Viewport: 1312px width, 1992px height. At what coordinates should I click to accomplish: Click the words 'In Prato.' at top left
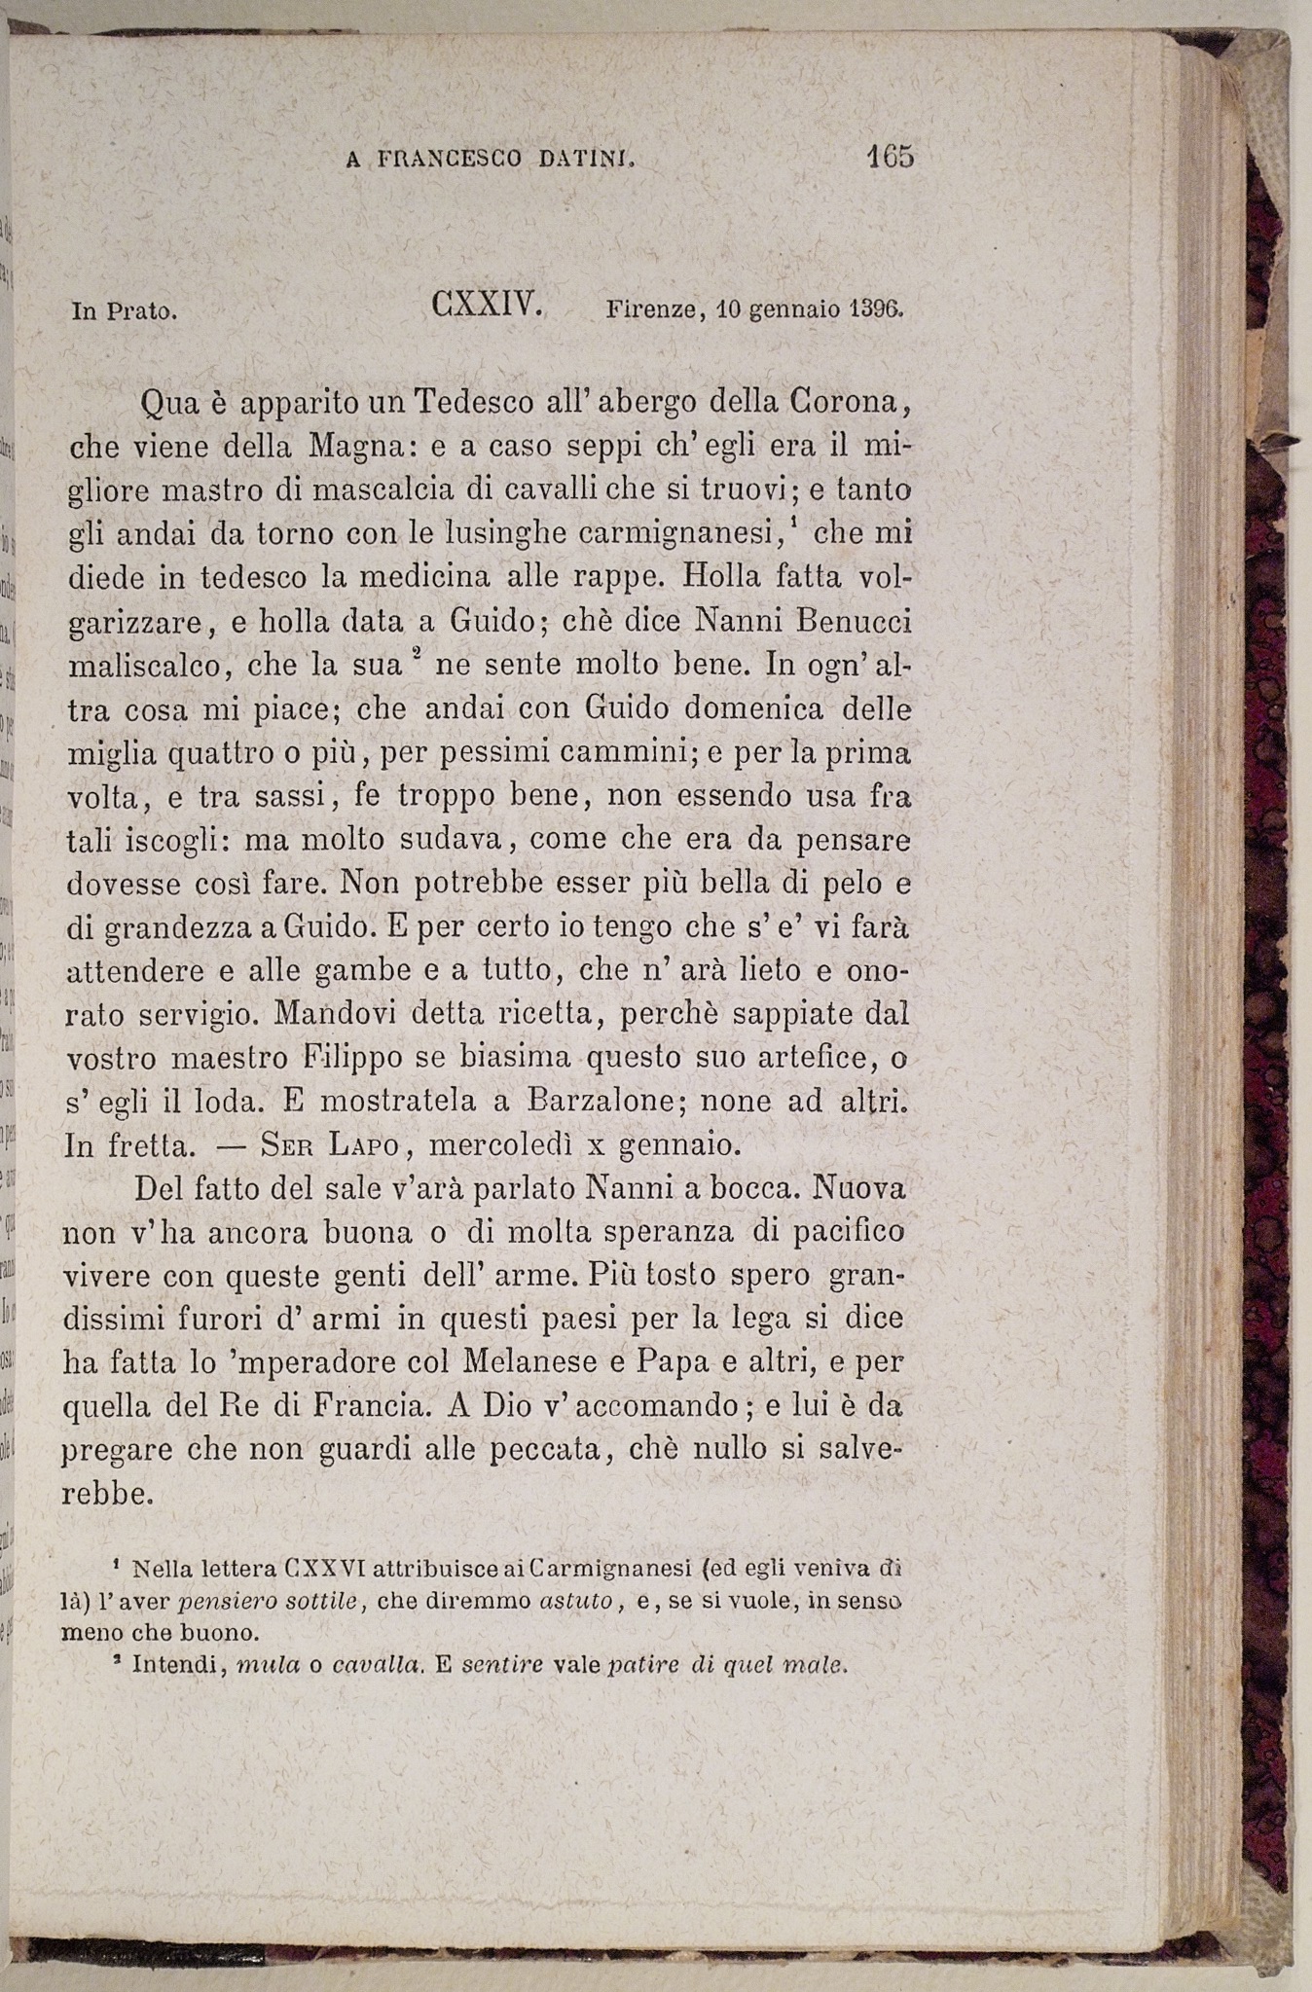click(124, 312)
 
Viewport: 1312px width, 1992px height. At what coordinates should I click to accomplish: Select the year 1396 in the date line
click(877, 310)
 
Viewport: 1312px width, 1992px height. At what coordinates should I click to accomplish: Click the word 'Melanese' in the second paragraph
click(537, 1362)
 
